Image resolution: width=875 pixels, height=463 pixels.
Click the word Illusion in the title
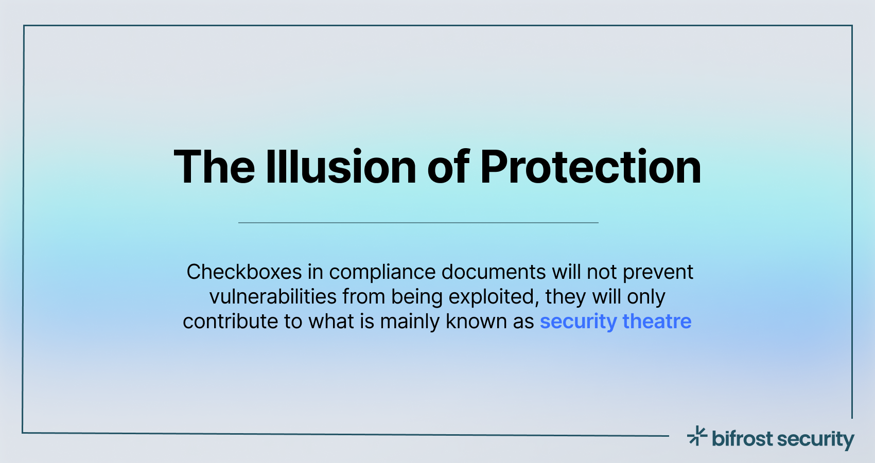(x=340, y=167)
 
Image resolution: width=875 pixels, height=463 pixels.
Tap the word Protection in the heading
(x=590, y=167)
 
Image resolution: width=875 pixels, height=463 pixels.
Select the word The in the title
(x=214, y=167)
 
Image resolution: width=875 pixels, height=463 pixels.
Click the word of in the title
(x=448, y=167)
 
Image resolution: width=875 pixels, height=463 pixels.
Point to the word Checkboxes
(x=244, y=272)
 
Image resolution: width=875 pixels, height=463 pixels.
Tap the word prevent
(x=658, y=272)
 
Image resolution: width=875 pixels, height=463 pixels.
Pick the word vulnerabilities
(x=273, y=297)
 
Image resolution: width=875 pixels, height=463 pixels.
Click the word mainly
(x=410, y=322)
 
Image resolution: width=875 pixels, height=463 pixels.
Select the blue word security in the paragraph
(x=578, y=322)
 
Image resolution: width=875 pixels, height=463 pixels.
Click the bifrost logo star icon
(x=697, y=436)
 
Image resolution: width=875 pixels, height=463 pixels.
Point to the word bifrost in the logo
(x=742, y=439)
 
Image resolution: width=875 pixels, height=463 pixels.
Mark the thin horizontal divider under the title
(x=418, y=223)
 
